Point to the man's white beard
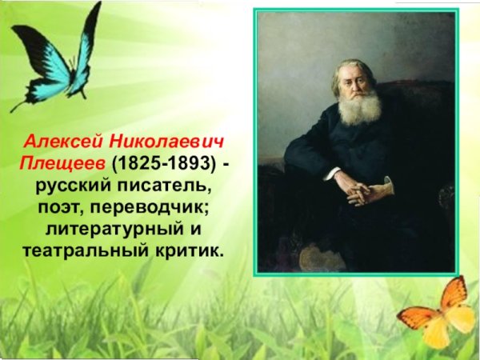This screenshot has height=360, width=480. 358,109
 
